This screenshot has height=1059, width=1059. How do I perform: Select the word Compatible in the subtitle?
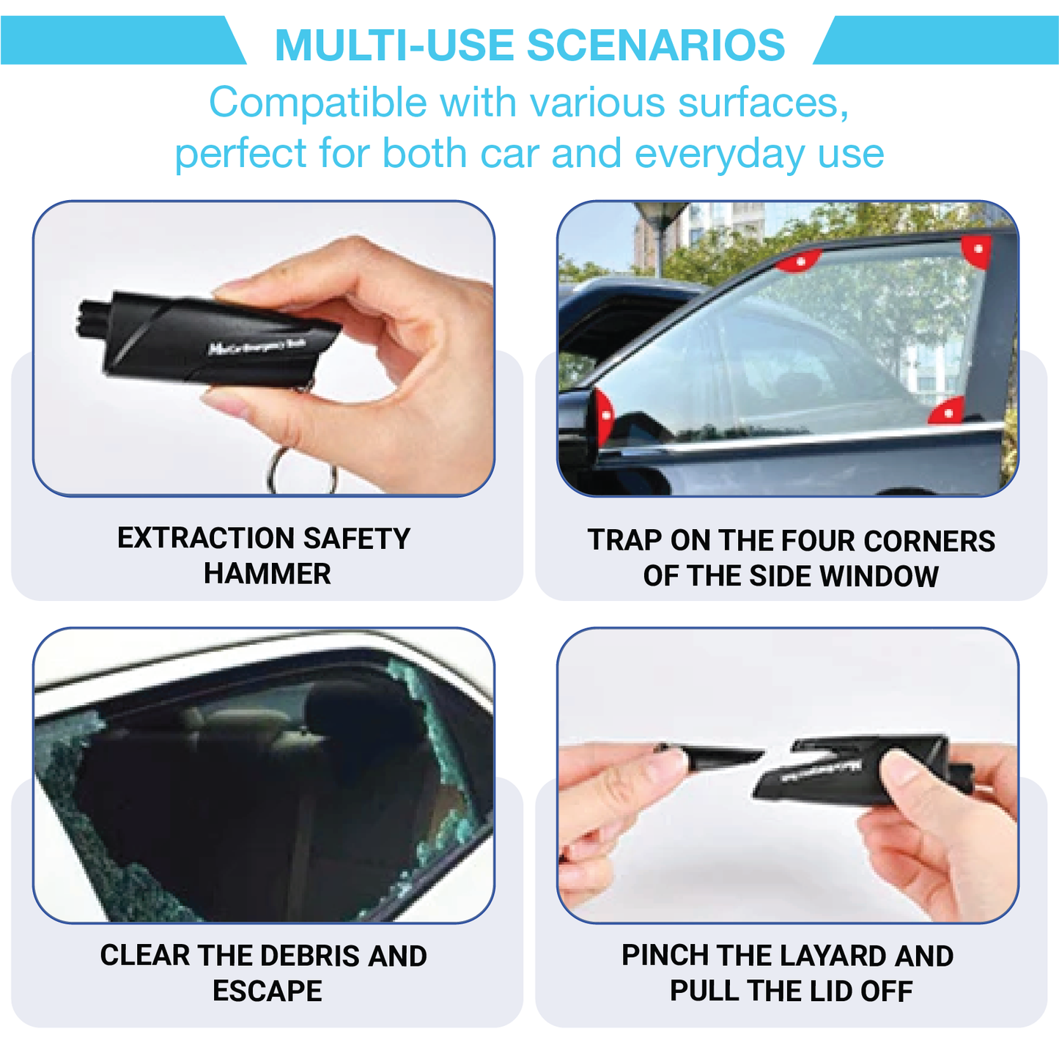click(317, 102)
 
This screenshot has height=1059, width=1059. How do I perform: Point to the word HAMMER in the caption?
click(267, 574)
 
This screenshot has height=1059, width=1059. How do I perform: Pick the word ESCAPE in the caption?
click(267, 991)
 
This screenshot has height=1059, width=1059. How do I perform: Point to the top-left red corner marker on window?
click(799, 260)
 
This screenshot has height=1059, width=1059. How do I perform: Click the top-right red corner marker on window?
click(978, 250)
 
